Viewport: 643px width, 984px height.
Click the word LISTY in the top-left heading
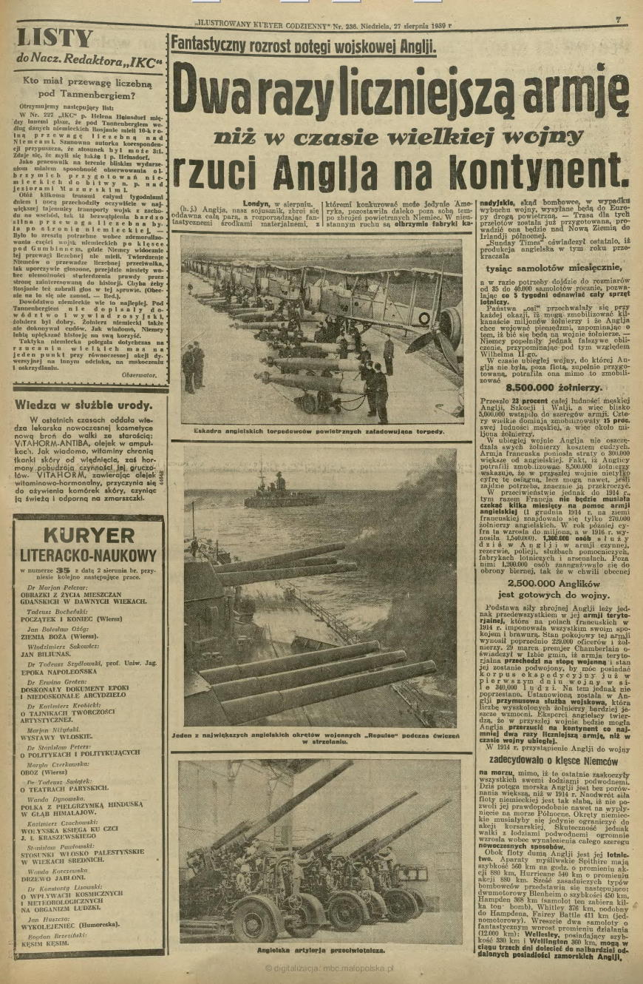[x=55, y=38]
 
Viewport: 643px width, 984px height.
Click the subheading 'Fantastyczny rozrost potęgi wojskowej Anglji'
[x=303, y=47]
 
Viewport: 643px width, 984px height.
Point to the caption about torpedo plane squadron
[x=319, y=430]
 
